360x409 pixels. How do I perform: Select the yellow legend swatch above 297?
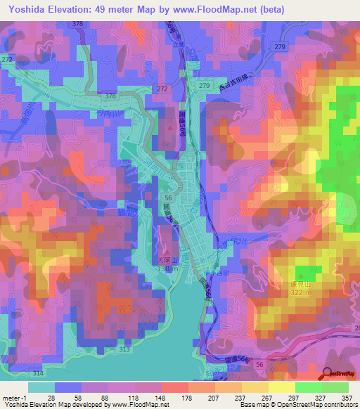click(x=282, y=387)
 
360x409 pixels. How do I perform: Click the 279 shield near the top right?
click(x=280, y=47)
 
